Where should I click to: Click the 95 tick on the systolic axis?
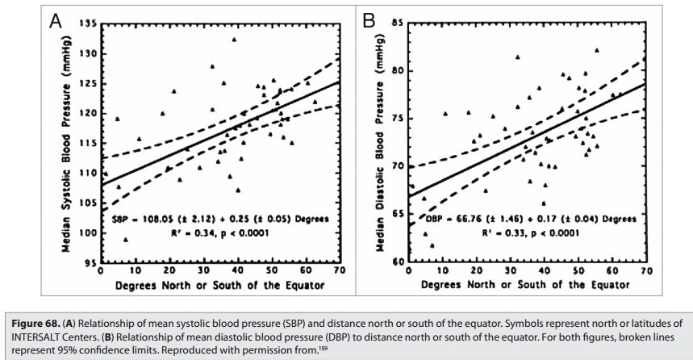[90, 263]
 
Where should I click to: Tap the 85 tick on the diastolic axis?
[397, 22]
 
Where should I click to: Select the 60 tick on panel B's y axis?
[397, 263]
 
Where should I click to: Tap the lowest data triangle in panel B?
[432, 245]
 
